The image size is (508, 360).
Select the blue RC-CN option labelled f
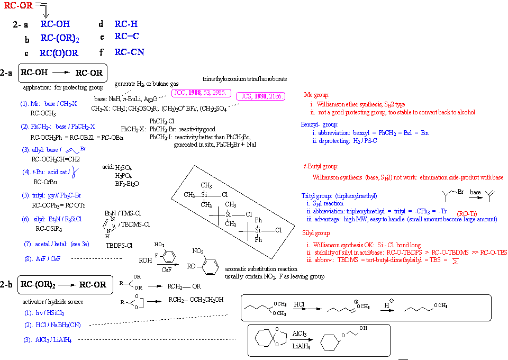coord(129,52)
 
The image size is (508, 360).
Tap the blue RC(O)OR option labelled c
coord(59,53)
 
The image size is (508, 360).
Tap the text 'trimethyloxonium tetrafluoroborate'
coord(245,79)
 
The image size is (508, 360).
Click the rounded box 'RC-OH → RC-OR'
coord(63,73)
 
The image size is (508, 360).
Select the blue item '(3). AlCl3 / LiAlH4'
coord(47,340)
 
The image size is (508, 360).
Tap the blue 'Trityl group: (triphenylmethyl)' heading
coord(339,196)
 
